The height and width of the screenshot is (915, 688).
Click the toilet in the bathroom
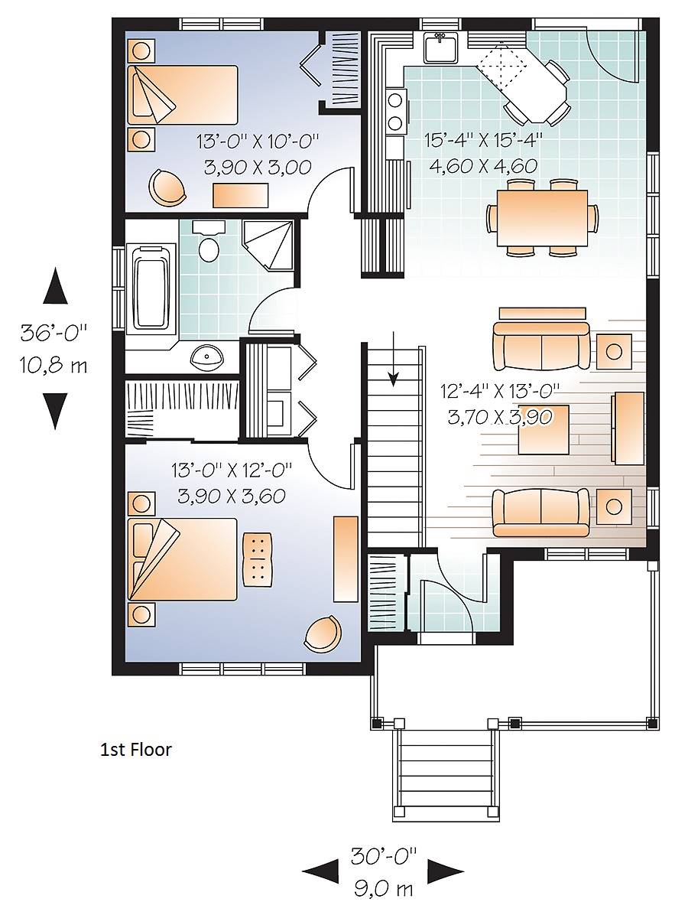[209, 243]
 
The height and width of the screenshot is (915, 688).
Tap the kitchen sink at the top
[441, 47]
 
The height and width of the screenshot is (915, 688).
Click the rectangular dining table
[542, 218]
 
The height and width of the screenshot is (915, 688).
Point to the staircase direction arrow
[394, 358]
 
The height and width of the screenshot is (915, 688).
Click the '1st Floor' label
[135, 749]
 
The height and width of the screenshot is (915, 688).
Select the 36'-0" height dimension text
[54, 333]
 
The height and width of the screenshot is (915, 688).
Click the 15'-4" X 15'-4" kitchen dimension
[484, 140]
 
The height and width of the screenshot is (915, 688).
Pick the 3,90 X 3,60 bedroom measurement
[232, 496]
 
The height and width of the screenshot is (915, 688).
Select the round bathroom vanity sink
[208, 357]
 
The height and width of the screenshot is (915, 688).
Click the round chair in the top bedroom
[167, 187]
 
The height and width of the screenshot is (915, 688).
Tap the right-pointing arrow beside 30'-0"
[446, 873]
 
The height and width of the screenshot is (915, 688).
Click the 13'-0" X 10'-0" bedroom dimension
[258, 142]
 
